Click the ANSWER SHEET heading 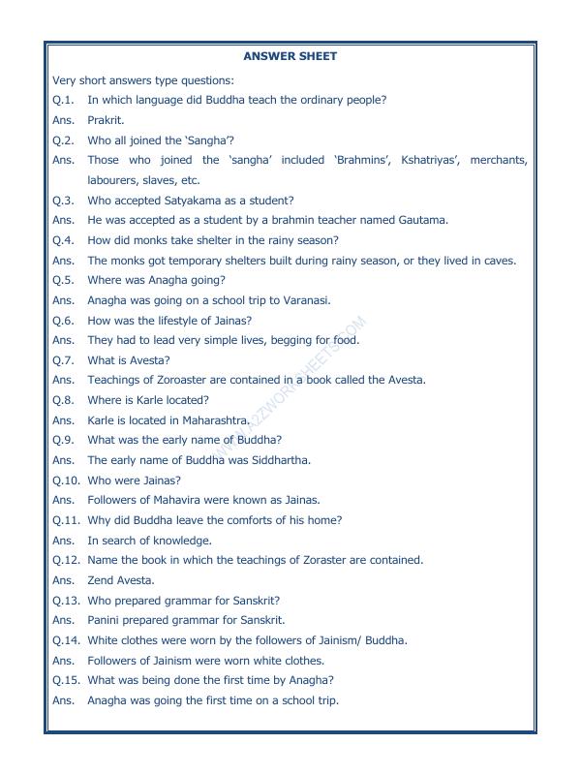point(290,56)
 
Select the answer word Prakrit point(106,120)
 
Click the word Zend point(102,580)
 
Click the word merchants point(498,160)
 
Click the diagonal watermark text point(290,387)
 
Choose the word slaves point(159,180)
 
